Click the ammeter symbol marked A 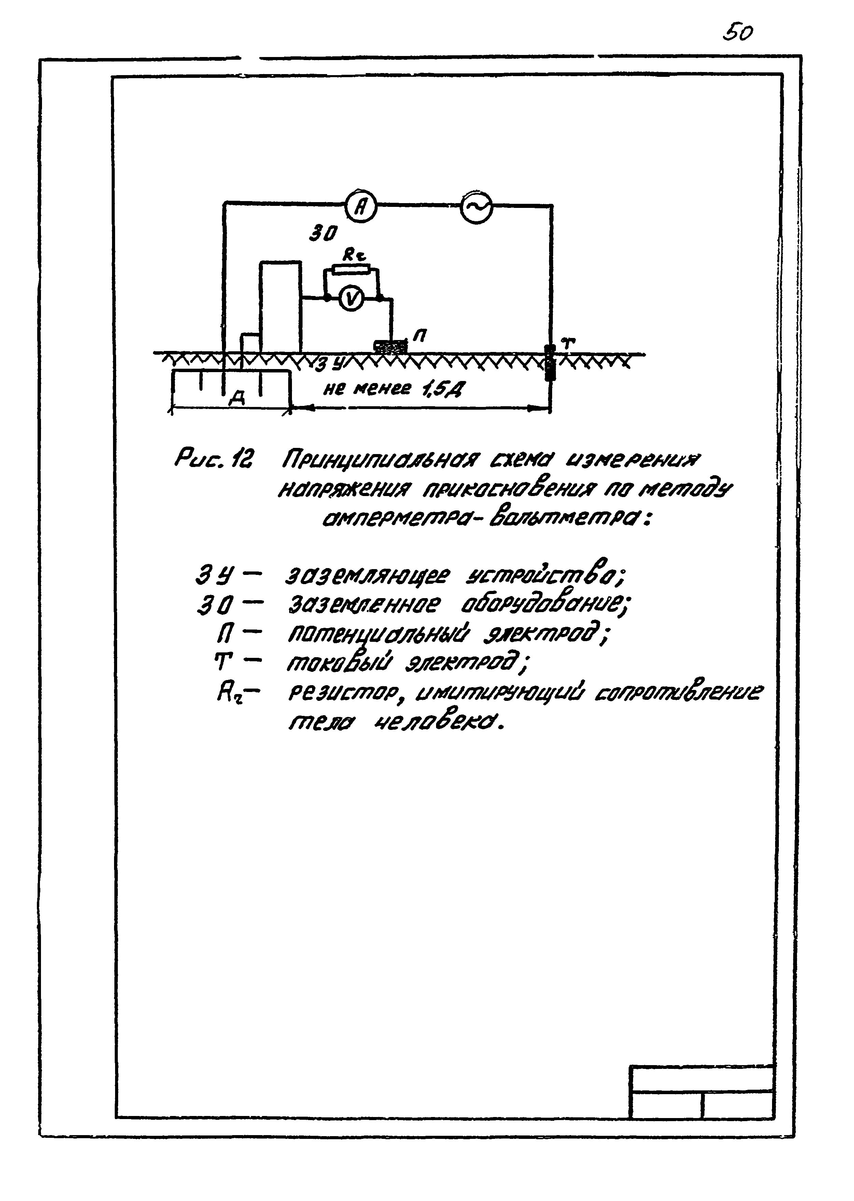point(361,207)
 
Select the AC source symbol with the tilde point(476,208)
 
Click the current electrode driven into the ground point(549,363)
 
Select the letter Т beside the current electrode point(567,344)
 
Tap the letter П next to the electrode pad point(420,334)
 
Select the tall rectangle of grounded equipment point(280,307)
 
